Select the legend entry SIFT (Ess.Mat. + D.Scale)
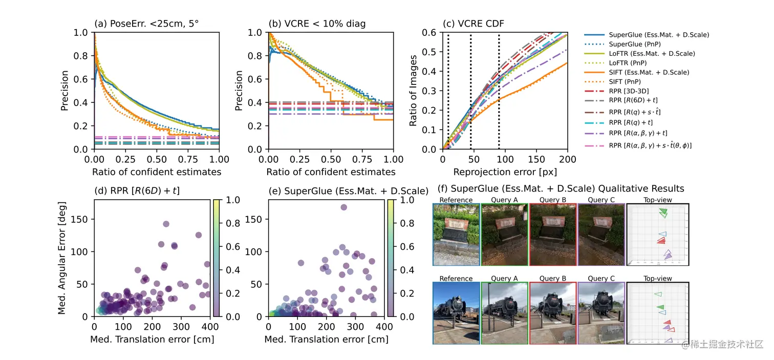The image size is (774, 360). point(649,72)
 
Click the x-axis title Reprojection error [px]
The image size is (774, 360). point(505,172)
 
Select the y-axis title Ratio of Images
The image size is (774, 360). point(414,91)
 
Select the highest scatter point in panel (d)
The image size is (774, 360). point(166,224)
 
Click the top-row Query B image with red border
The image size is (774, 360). point(552,235)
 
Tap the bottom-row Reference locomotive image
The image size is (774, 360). point(456,313)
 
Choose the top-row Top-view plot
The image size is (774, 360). point(658,235)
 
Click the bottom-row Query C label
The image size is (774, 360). point(597,279)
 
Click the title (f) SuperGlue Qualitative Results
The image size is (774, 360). point(561,189)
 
